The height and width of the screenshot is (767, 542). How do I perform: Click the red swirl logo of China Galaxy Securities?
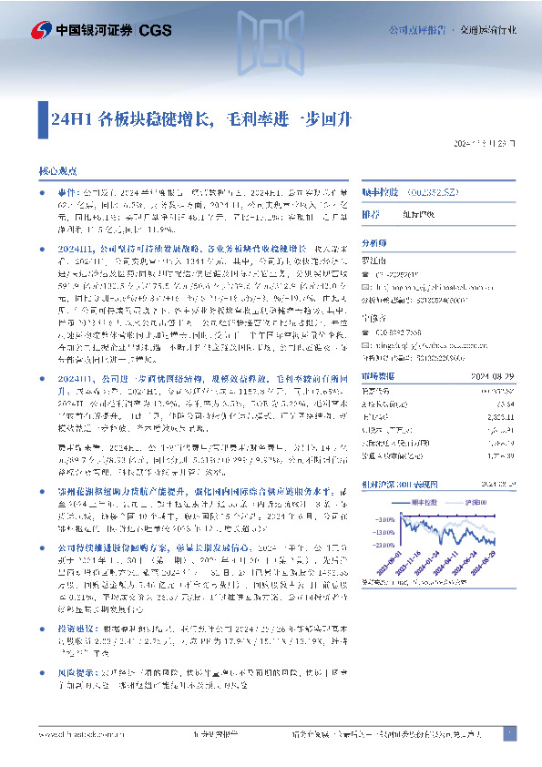pos(40,30)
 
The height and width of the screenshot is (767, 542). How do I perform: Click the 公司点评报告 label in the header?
pos(419,30)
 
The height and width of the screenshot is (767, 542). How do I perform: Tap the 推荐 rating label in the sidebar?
pos(371,215)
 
